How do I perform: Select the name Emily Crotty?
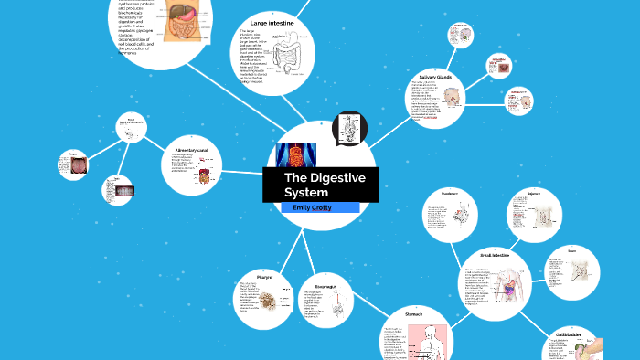313,208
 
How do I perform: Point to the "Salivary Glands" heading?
435,78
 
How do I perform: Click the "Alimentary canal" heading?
191,148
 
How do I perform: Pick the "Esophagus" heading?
319,287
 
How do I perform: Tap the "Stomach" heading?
413,313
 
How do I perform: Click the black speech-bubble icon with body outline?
348,129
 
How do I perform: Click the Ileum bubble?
571,270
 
